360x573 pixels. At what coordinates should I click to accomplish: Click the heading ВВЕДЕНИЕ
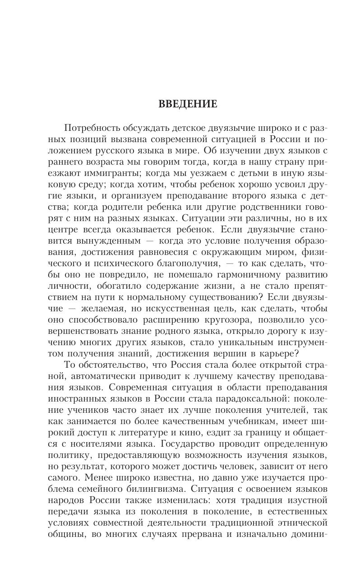point(188,104)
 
